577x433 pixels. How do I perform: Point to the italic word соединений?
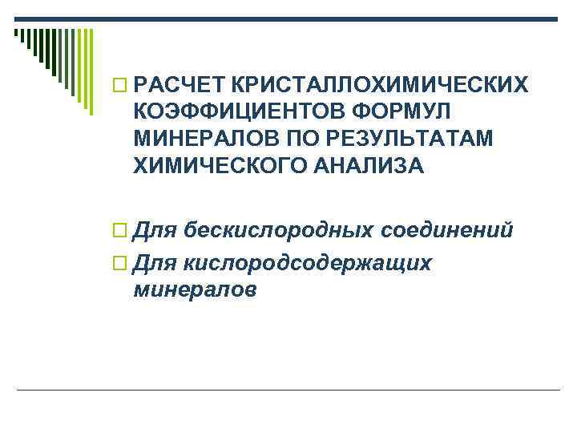446,232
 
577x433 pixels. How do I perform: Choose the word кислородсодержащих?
309,262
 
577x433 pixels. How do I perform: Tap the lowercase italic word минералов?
196,289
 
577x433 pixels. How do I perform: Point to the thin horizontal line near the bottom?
288,390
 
